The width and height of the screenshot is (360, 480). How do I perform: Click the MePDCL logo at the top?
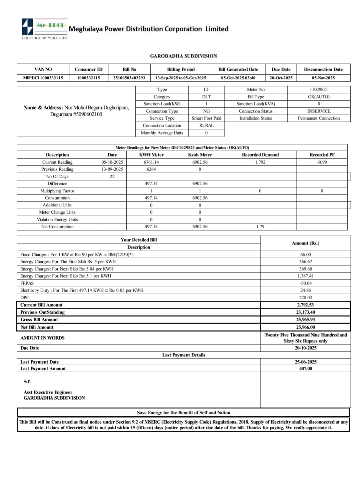point(44,28)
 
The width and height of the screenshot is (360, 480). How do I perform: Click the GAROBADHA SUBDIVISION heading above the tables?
point(183,56)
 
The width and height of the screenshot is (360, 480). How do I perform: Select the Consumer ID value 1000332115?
point(88,78)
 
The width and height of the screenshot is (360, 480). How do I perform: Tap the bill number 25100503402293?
point(129,78)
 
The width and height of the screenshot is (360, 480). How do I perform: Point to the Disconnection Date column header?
point(323,69)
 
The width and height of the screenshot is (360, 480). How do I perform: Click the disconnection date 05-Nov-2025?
point(323,78)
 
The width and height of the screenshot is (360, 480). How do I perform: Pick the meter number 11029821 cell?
point(319,89)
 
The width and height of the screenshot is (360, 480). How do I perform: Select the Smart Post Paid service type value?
point(206,118)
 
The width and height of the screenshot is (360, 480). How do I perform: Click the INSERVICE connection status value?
point(319,111)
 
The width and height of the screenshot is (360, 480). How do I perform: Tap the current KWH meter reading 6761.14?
point(151,162)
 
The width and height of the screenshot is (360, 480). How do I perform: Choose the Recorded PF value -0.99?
point(322,162)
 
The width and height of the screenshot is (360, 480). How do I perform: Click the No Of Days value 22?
point(112,176)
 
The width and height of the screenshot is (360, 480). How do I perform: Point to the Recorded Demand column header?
point(260,155)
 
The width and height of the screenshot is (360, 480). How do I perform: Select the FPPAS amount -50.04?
point(305,283)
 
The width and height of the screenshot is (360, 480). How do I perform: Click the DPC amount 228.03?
point(305,297)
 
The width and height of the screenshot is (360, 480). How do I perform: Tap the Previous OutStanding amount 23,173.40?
point(305,312)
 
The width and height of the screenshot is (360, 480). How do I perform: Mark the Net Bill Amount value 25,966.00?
point(305,327)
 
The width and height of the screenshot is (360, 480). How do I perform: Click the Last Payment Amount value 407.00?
point(305,368)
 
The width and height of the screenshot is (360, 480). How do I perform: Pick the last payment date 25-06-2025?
point(305,362)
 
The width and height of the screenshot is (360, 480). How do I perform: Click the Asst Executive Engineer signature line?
point(48,392)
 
